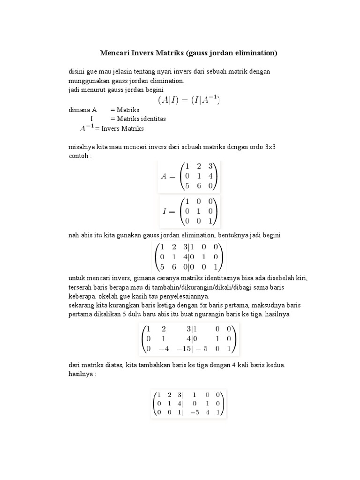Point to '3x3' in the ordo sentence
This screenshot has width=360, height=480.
pos(270,147)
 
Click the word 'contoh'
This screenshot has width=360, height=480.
pos(78,156)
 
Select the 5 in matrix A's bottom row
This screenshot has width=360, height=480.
pos(187,186)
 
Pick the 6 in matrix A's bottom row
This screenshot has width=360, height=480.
pos(199,186)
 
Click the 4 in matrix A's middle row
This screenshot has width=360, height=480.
pos(210,176)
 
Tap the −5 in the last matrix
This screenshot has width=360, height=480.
pos(194,413)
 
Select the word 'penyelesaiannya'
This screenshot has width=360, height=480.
pos(187,296)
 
